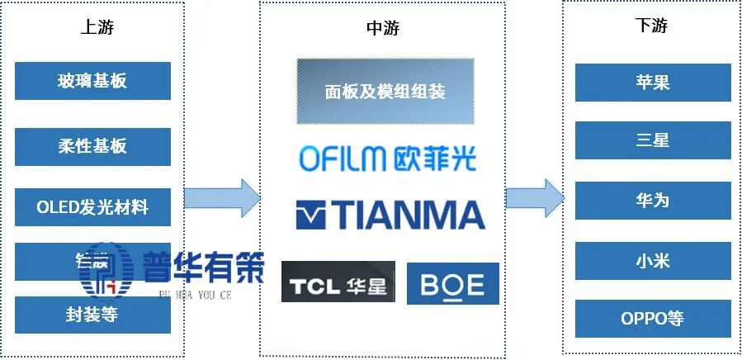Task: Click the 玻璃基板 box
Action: (x=92, y=81)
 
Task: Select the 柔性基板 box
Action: (x=92, y=145)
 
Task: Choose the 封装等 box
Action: (x=92, y=315)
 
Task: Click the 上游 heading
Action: (x=97, y=26)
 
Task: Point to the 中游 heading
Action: (x=382, y=28)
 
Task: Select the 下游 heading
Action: (x=651, y=25)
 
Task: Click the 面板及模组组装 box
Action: (x=385, y=92)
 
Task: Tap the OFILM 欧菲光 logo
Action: (x=387, y=159)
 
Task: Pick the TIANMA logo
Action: (x=390, y=216)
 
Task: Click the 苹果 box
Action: (x=652, y=83)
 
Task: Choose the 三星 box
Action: (x=652, y=140)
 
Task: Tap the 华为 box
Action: (x=652, y=201)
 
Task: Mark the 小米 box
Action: (x=652, y=261)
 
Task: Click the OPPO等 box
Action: (x=652, y=318)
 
